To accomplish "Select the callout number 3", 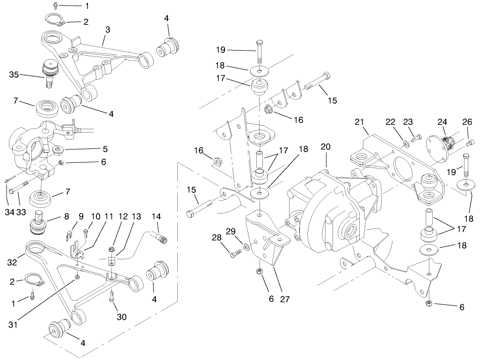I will pos(108,29).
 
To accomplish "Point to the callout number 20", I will pos(326,147).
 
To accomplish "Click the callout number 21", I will pos(359,122).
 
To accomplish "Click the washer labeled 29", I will pos(246,245).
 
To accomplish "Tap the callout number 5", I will pos(105,149).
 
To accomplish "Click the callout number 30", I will pos(122,317).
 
